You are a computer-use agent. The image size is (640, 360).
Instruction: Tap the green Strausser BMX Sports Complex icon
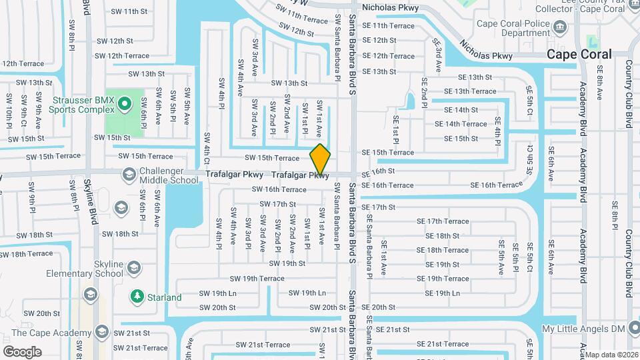(x=125, y=104)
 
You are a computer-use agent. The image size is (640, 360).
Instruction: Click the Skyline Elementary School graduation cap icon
(x=135, y=269)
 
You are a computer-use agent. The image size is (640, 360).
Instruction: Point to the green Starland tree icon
(x=137, y=296)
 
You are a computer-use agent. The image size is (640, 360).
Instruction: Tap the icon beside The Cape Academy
(x=102, y=332)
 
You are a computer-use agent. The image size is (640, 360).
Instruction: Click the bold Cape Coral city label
(x=579, y=55)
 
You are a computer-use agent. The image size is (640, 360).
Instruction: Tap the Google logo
(x=22, y=351)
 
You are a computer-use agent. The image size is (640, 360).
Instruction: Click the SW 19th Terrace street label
(x=257, y=279)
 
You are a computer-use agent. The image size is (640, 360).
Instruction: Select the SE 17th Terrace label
(x=443, y=221)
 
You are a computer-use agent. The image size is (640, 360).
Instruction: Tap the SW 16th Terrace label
(x=279, y=190)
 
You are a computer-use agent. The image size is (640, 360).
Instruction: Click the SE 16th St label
(x=379, y=172)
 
